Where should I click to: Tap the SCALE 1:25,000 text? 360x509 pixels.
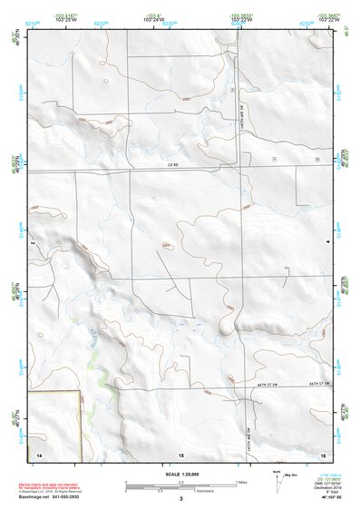pyautogui.click(x=180, y=473)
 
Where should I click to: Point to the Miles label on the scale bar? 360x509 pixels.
pyautogui.click(x=240, y=482)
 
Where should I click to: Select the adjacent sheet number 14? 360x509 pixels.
pyautogui.click(x=39, y=453)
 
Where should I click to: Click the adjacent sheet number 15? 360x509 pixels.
pyautogui.click(x=180, y=453)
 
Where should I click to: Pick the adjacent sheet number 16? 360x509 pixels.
pyautogui.click(x=322, y=453)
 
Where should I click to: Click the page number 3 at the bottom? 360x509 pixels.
pyautogui.click(x=180, y=499)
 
